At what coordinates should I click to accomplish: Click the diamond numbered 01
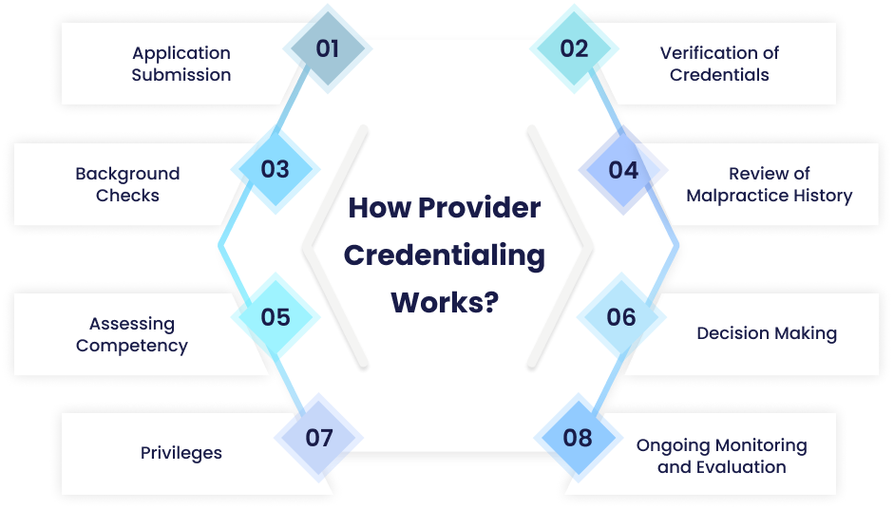[328, 48]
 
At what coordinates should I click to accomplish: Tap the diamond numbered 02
[574, 48]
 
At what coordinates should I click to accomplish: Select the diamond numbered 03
[275, 170]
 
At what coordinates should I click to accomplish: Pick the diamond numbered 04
[623, 170]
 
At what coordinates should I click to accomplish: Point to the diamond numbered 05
[275, 316]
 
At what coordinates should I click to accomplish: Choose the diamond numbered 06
[621, 316]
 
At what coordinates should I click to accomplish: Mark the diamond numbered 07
[319, 438]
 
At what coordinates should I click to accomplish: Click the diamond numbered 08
[578, 438]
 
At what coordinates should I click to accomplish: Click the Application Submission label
[181, 64]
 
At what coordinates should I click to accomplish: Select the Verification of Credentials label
[719, 64]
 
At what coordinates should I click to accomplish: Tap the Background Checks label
[127, 184]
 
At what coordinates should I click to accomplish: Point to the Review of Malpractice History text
[770, 184]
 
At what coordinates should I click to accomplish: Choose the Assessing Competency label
[132, 334]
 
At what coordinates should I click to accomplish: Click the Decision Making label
[767, 333]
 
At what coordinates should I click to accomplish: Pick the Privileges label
[181, 453]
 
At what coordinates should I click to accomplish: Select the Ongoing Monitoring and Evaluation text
[722, 456]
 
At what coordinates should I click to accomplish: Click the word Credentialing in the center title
[445, 256]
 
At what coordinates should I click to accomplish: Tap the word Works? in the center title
[445, 304]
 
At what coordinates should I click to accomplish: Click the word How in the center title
[377, 208]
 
